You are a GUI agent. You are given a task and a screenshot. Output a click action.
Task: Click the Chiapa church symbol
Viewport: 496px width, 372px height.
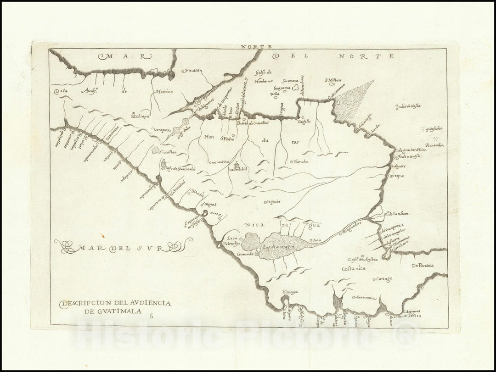(x=133, y=115)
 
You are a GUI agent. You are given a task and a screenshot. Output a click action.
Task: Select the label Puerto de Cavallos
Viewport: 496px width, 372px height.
(x=252, y=123)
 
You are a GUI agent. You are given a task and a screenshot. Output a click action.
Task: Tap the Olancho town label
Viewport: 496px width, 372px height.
(x=301, y=161)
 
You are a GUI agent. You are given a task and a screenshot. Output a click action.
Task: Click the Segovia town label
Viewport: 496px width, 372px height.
(x=273, y=201)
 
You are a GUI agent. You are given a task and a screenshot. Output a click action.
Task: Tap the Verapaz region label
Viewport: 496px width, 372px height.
(x=162, y=130)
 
